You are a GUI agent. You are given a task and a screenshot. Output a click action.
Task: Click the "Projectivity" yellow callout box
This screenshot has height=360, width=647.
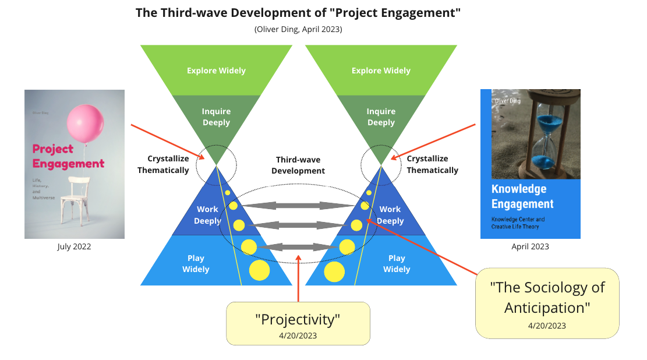(x=298, y=323)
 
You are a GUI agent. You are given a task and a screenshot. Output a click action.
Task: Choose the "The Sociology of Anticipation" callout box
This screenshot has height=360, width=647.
(x=547, y=303)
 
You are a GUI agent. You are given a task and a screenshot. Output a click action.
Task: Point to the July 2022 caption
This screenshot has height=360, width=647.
(x=74, y=246)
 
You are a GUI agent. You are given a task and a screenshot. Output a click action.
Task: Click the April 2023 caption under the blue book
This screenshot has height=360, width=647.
(x=530, y=246)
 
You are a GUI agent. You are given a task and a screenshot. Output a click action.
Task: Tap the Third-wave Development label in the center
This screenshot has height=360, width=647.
(x=298, y=165)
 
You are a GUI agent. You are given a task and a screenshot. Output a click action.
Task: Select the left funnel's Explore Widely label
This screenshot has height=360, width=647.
(x=216, y=70)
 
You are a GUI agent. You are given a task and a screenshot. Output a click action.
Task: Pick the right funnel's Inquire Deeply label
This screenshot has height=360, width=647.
(x=381, y=117)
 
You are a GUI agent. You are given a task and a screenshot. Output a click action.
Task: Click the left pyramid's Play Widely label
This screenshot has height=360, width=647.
(x=196, y=263)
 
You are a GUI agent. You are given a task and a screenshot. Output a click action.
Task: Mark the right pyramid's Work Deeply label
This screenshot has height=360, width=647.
(x=390, y=215)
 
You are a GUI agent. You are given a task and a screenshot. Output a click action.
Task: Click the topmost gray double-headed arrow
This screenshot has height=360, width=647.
(x=298, y=206)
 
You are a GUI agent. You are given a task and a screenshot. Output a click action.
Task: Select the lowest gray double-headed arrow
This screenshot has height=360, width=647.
(x=298, y=247)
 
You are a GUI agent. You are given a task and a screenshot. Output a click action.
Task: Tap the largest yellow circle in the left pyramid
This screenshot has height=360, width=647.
(x=259, y=270)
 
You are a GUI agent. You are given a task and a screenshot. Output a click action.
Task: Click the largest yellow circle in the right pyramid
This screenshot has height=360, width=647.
(x=334, y=271)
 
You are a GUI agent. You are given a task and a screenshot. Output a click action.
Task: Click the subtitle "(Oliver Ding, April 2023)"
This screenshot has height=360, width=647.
(x=298, y=29)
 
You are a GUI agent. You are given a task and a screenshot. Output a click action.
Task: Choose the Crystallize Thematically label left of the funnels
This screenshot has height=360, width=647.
(x=163, y=164)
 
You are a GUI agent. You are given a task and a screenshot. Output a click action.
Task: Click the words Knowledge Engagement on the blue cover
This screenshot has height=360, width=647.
(x=522, y=196)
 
